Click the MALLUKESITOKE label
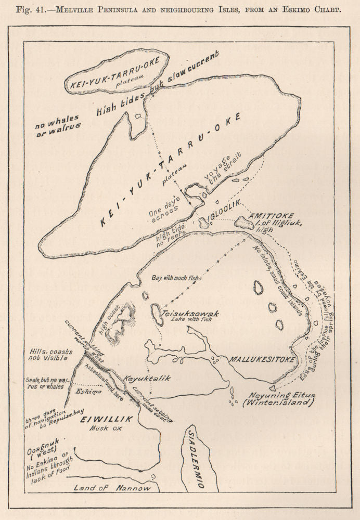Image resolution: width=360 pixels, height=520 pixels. [x=260, y=359]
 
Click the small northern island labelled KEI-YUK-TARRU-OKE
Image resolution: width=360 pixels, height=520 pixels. [x=117, y=73]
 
